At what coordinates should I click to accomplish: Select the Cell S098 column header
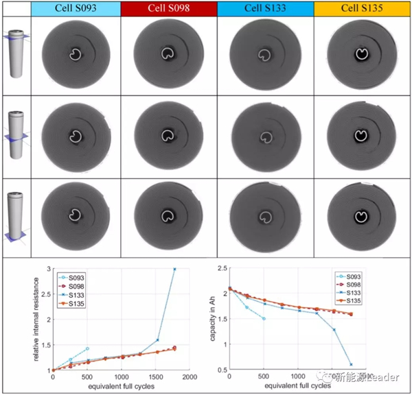169,10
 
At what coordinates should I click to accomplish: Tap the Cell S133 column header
266,10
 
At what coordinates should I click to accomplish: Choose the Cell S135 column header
362,10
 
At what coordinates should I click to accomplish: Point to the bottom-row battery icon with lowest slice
14,219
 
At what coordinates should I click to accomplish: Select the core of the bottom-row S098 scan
168,217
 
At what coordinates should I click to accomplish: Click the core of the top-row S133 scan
264,54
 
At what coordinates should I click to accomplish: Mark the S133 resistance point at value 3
174,270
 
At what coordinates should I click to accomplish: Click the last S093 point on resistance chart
87,348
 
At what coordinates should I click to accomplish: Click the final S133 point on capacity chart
351,364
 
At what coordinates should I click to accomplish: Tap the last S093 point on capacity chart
264,319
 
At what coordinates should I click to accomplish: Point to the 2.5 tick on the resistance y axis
47,295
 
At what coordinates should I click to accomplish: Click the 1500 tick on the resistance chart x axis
156,378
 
